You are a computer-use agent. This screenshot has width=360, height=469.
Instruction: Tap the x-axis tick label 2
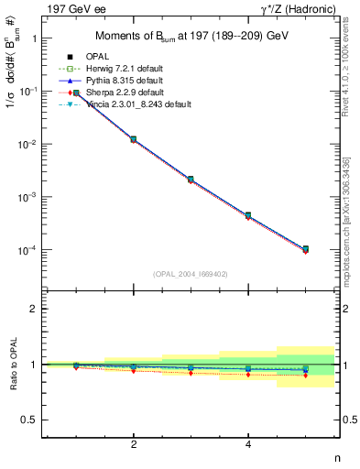[134, 444]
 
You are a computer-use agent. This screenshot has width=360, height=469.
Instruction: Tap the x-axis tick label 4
[248, 444]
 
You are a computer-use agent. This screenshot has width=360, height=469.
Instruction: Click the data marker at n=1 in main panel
[76, 93]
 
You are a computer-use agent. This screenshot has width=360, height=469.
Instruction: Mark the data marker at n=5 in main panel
[305, 249]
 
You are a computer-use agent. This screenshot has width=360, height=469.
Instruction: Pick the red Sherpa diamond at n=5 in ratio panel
[305, 376]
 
